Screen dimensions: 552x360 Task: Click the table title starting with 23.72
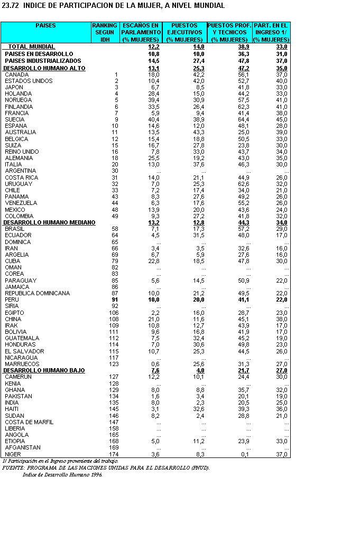(114, 6)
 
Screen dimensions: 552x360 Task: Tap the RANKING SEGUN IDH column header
(105, 32)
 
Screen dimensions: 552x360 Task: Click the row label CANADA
(16, 74)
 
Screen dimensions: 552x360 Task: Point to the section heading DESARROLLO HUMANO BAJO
(44, 371)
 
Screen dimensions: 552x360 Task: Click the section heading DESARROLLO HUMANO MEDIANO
(49, 222)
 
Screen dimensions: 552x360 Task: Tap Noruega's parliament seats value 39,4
(153, 100)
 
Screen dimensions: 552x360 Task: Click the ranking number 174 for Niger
(114, 454)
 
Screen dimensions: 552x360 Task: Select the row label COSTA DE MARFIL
(29, 422)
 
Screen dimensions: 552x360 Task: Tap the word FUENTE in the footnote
(14, 467)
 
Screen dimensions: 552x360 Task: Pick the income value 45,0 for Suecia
(282, 119)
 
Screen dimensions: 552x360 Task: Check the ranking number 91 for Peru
(115, 300)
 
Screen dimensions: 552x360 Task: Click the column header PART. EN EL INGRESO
(271, 32)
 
